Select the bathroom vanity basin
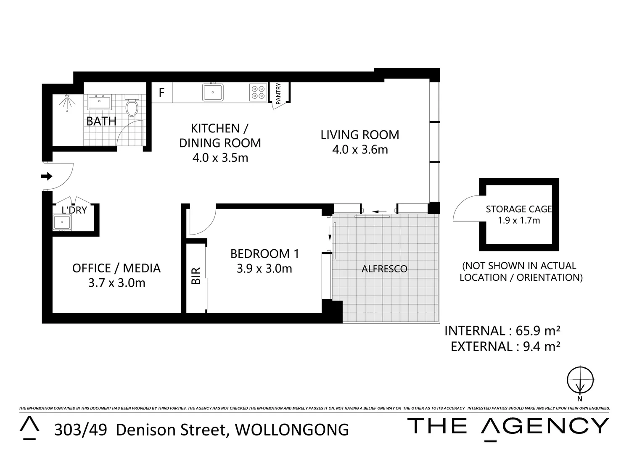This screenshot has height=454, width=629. [x=100, y=102]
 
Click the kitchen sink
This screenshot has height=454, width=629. [x=213, y=92]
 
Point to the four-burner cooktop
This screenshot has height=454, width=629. [x=258, y=92]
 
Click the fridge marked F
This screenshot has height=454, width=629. [x=161, y=92]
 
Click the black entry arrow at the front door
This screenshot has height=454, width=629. [x=46, y=176]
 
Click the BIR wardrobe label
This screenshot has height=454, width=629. [x=196, y=276]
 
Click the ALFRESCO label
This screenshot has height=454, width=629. [x=384, y=269]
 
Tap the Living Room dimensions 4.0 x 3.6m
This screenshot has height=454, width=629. [x=360, y=150]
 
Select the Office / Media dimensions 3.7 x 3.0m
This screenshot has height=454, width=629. [x=116, y=283]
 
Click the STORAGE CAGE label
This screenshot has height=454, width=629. [x=518, y=209]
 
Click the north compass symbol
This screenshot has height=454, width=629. [x=580, y=380]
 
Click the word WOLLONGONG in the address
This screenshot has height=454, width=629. [x=292, y=430]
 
